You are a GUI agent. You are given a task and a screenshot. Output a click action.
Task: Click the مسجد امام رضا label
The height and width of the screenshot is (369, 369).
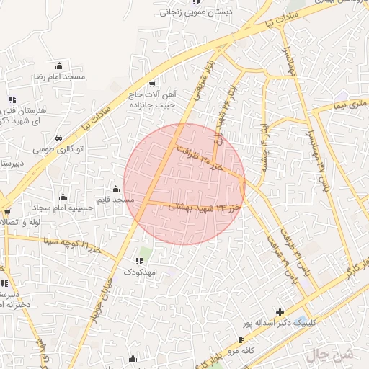click(59, 76)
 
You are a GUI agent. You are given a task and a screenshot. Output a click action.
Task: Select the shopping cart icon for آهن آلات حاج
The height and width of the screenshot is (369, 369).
click(151, 83)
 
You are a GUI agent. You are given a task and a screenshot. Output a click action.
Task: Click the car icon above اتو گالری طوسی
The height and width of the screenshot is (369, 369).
click(58, 138)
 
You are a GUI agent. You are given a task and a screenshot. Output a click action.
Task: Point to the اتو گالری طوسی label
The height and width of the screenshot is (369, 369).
click(58, 149)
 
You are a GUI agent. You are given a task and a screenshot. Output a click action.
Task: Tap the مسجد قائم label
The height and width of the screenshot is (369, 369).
click(118, 199)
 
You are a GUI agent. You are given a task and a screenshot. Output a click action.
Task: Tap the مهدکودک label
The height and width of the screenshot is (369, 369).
click(140, 272)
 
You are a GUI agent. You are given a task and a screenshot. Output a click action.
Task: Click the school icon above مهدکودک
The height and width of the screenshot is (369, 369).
click(140, 262)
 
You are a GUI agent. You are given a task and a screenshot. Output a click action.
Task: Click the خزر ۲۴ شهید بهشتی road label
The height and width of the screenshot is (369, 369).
click(203, 207)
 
